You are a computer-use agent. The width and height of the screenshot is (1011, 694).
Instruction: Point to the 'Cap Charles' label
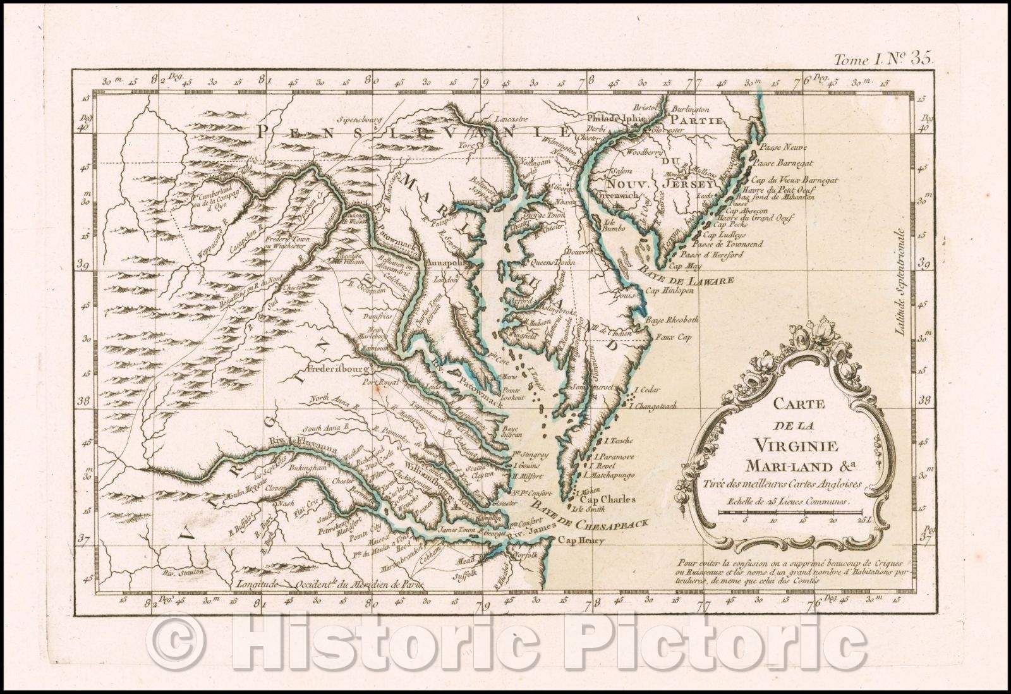tap(607, 499)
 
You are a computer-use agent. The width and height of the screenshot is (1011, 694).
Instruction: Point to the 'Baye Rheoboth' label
tap(669, 320)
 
